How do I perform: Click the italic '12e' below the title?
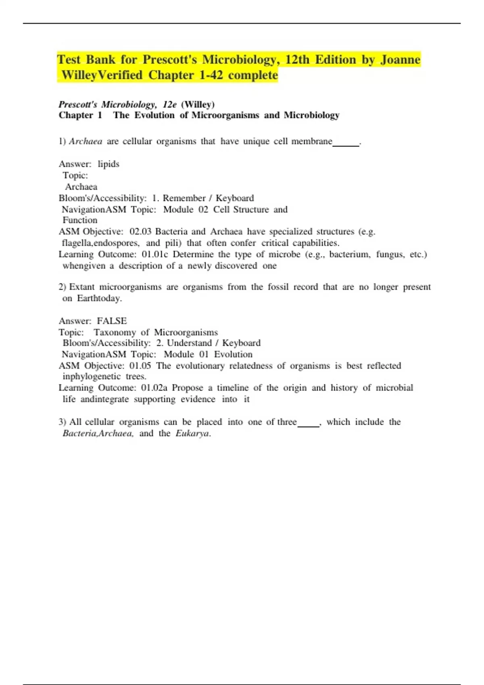point(169,105)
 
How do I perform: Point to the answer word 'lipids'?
point(108,164)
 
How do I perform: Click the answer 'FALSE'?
point(112,321)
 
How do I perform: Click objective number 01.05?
point(140,366)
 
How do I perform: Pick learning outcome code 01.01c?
point(154,255)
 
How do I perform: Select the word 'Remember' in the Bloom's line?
point(184,198)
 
